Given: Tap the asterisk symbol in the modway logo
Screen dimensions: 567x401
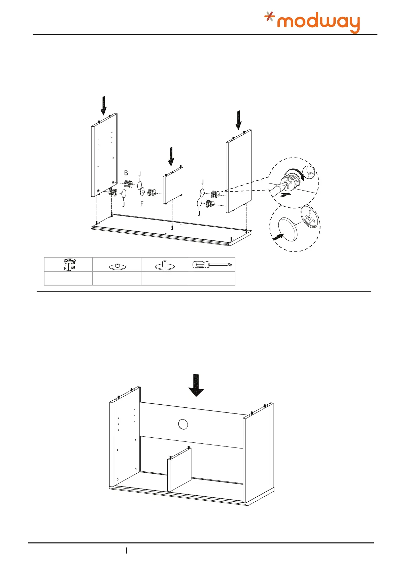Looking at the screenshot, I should point(269,16).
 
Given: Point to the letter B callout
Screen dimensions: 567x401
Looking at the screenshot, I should point(126,173).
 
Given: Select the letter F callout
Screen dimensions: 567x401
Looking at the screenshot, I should point(142,204).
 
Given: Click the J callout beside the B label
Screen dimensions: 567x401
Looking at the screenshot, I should point(139,174).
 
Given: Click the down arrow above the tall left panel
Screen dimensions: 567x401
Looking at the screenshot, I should point(104,105).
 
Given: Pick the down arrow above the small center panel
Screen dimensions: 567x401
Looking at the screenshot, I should point(171,156).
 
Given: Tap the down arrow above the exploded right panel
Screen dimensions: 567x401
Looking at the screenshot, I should point(238,120).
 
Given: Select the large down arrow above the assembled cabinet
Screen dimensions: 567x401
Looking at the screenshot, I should point(196,385).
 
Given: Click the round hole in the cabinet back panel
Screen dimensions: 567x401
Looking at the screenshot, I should point(182,424).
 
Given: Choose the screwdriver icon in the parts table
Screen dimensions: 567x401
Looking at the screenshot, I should point(211,265).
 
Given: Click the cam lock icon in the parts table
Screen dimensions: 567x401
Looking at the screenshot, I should point(68,264).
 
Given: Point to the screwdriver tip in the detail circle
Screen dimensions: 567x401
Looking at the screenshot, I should point(273,189).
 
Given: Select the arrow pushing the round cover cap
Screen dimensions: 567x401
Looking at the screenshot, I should point(277,237).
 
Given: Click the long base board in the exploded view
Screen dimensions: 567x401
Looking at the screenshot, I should point(172,230).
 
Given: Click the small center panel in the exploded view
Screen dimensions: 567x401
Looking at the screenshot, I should point(173,185).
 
